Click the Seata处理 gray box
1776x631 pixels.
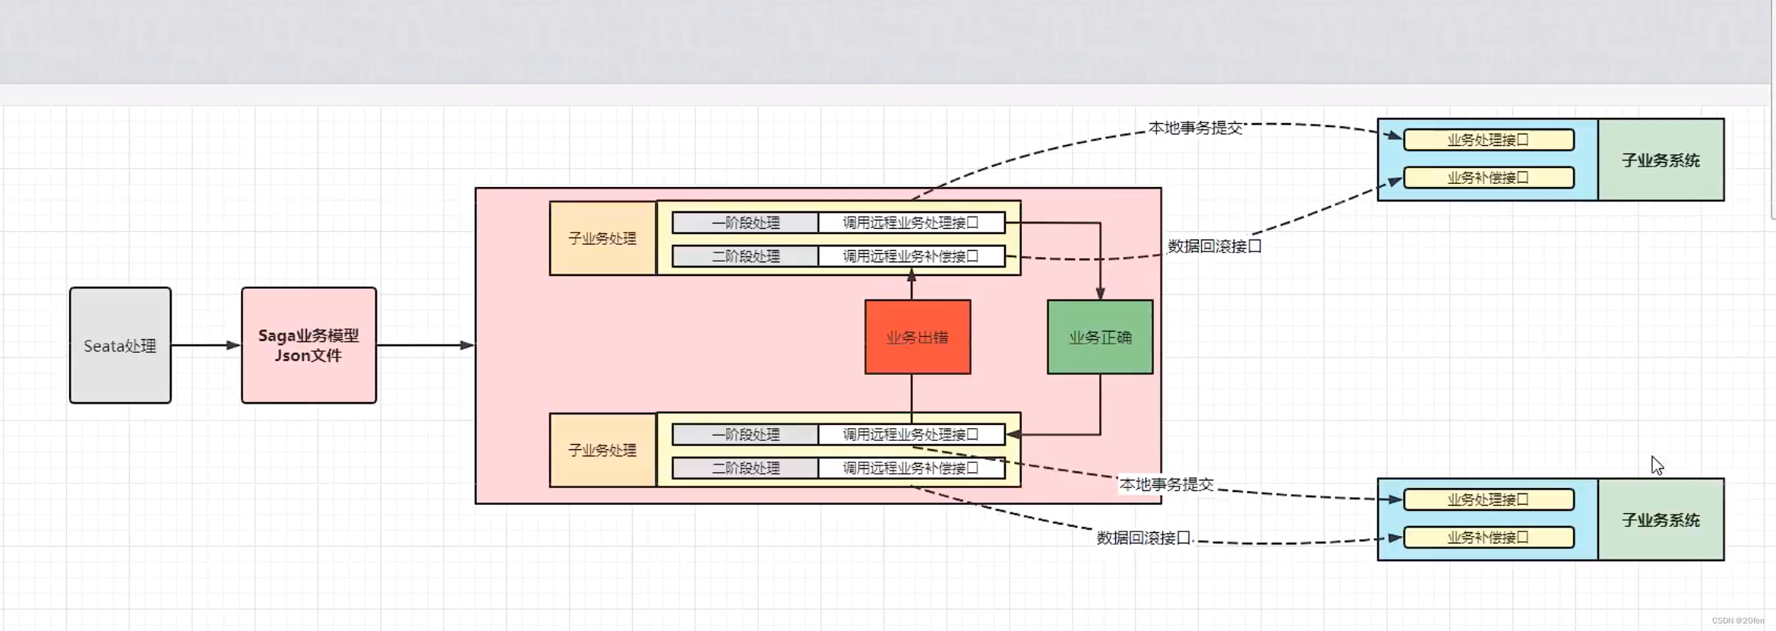click(x=120, y=345)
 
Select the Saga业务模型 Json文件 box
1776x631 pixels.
click(x=308, y=345)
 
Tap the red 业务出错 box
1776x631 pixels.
click(x=918, y=337)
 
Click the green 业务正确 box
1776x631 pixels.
click(x=1100, y=337)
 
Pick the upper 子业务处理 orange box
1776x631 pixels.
click(x=602, y=238)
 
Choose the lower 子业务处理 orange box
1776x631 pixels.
click(x=602, y=450)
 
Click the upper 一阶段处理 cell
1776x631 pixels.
click(x=745, y=223)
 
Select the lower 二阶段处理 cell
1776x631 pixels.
click(x=745, y=468)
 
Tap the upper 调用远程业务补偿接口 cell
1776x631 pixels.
click(x=911, y=256)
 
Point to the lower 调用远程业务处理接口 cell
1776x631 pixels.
click(x=911, y=435)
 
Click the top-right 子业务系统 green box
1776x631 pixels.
click(x=1661, y=160)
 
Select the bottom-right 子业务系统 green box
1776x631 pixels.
click(x=1661, y=520)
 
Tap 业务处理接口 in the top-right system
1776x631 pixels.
click(x=1488, y=140)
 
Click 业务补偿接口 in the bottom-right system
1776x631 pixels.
click(x=1488, y=537)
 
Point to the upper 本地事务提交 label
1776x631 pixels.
click(x=1195, y=128)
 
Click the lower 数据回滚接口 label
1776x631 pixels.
click(x=1143, y=538)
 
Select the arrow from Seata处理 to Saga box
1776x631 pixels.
click(x=205, y=345)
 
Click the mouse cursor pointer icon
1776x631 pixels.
click(x=1657, y=465)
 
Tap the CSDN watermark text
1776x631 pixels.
click(x=1737, y=621)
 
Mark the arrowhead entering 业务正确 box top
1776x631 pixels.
click(x=1100, y=293)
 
